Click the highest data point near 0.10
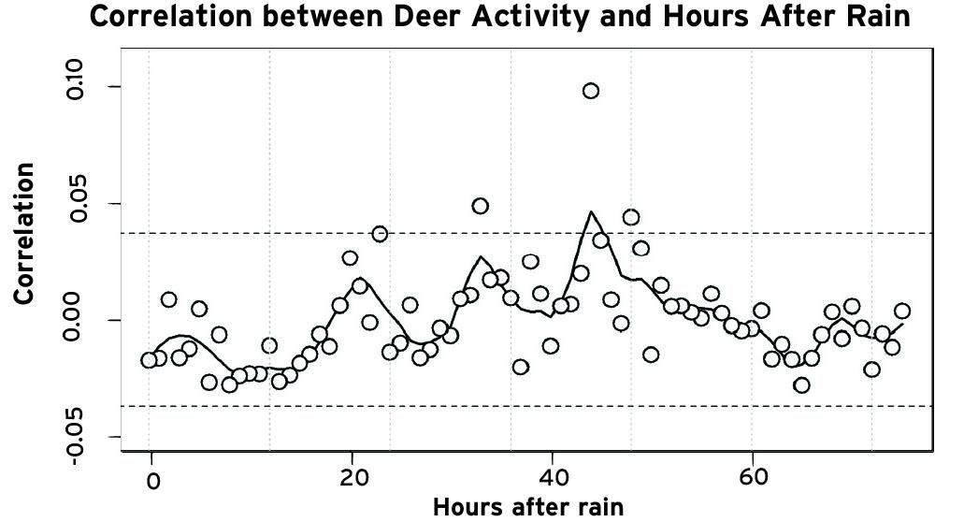point(591,91)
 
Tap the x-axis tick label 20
point(352,477)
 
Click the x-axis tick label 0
point(151,479)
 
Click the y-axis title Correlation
point(24,233)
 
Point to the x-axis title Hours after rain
point(525,507)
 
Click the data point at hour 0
point(150,360)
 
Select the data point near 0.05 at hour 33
point(481,206)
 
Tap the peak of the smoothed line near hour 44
point(591,212)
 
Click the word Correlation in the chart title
point(178,18)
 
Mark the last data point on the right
point(902,312)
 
